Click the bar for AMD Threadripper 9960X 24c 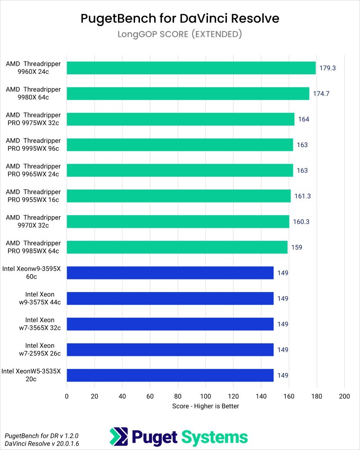191,68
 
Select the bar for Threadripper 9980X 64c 188,94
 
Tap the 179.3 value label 328,68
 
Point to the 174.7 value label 322,94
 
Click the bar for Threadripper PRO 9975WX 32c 180,119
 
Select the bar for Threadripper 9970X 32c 178,221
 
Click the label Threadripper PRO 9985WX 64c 33,247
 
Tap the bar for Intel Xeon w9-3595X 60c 170,273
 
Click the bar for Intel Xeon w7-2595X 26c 170,350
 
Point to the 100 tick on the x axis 206,396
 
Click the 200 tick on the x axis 344,396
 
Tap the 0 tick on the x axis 67,396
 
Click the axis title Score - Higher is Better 205,406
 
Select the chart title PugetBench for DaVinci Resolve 180,18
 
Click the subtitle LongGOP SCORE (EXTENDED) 180,34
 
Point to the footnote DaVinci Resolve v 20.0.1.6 41,444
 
